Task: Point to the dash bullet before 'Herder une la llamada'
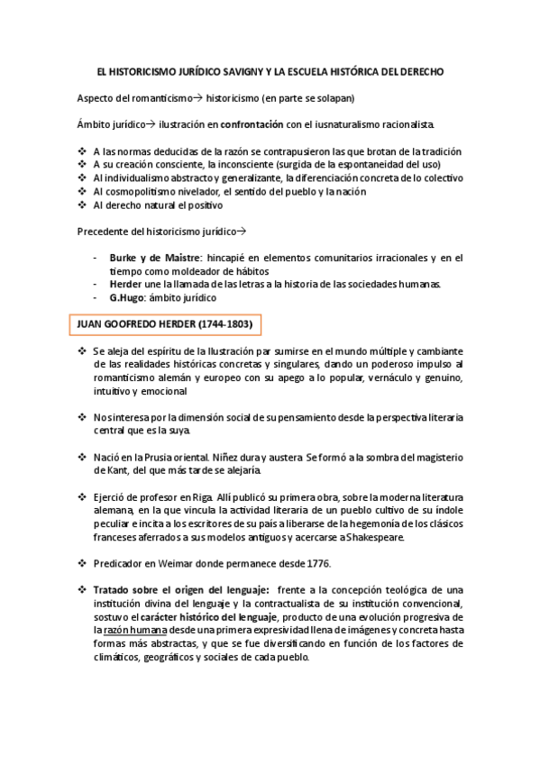[96, 285]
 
